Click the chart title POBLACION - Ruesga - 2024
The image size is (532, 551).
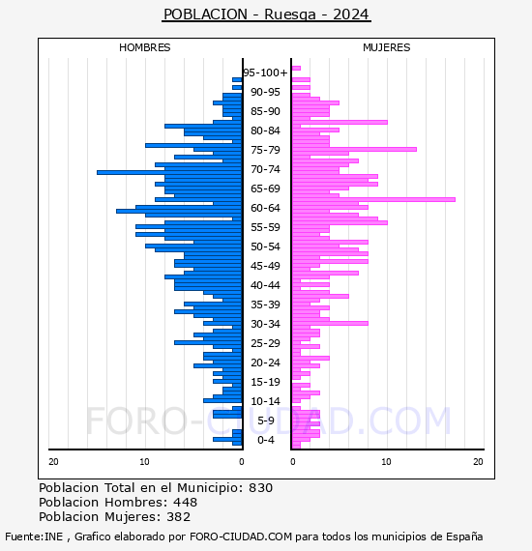266,14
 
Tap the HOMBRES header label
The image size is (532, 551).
144,47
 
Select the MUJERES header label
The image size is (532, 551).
387,47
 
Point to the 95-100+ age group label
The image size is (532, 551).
265,72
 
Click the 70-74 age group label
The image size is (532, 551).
265,169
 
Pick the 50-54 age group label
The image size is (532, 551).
265,246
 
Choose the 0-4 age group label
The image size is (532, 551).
265,440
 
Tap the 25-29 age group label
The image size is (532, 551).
265,343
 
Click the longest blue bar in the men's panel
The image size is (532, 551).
169,172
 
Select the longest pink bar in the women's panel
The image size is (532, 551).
373,199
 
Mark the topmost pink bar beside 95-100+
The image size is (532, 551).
296,69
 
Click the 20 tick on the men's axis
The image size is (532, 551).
53,462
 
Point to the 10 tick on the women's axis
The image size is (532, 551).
386,462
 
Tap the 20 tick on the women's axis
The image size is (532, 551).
478,462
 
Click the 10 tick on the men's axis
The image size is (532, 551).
144,462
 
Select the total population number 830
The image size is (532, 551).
260,488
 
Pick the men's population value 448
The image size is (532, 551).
185,503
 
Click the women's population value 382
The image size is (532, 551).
178,517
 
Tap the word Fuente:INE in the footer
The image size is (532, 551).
34,536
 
